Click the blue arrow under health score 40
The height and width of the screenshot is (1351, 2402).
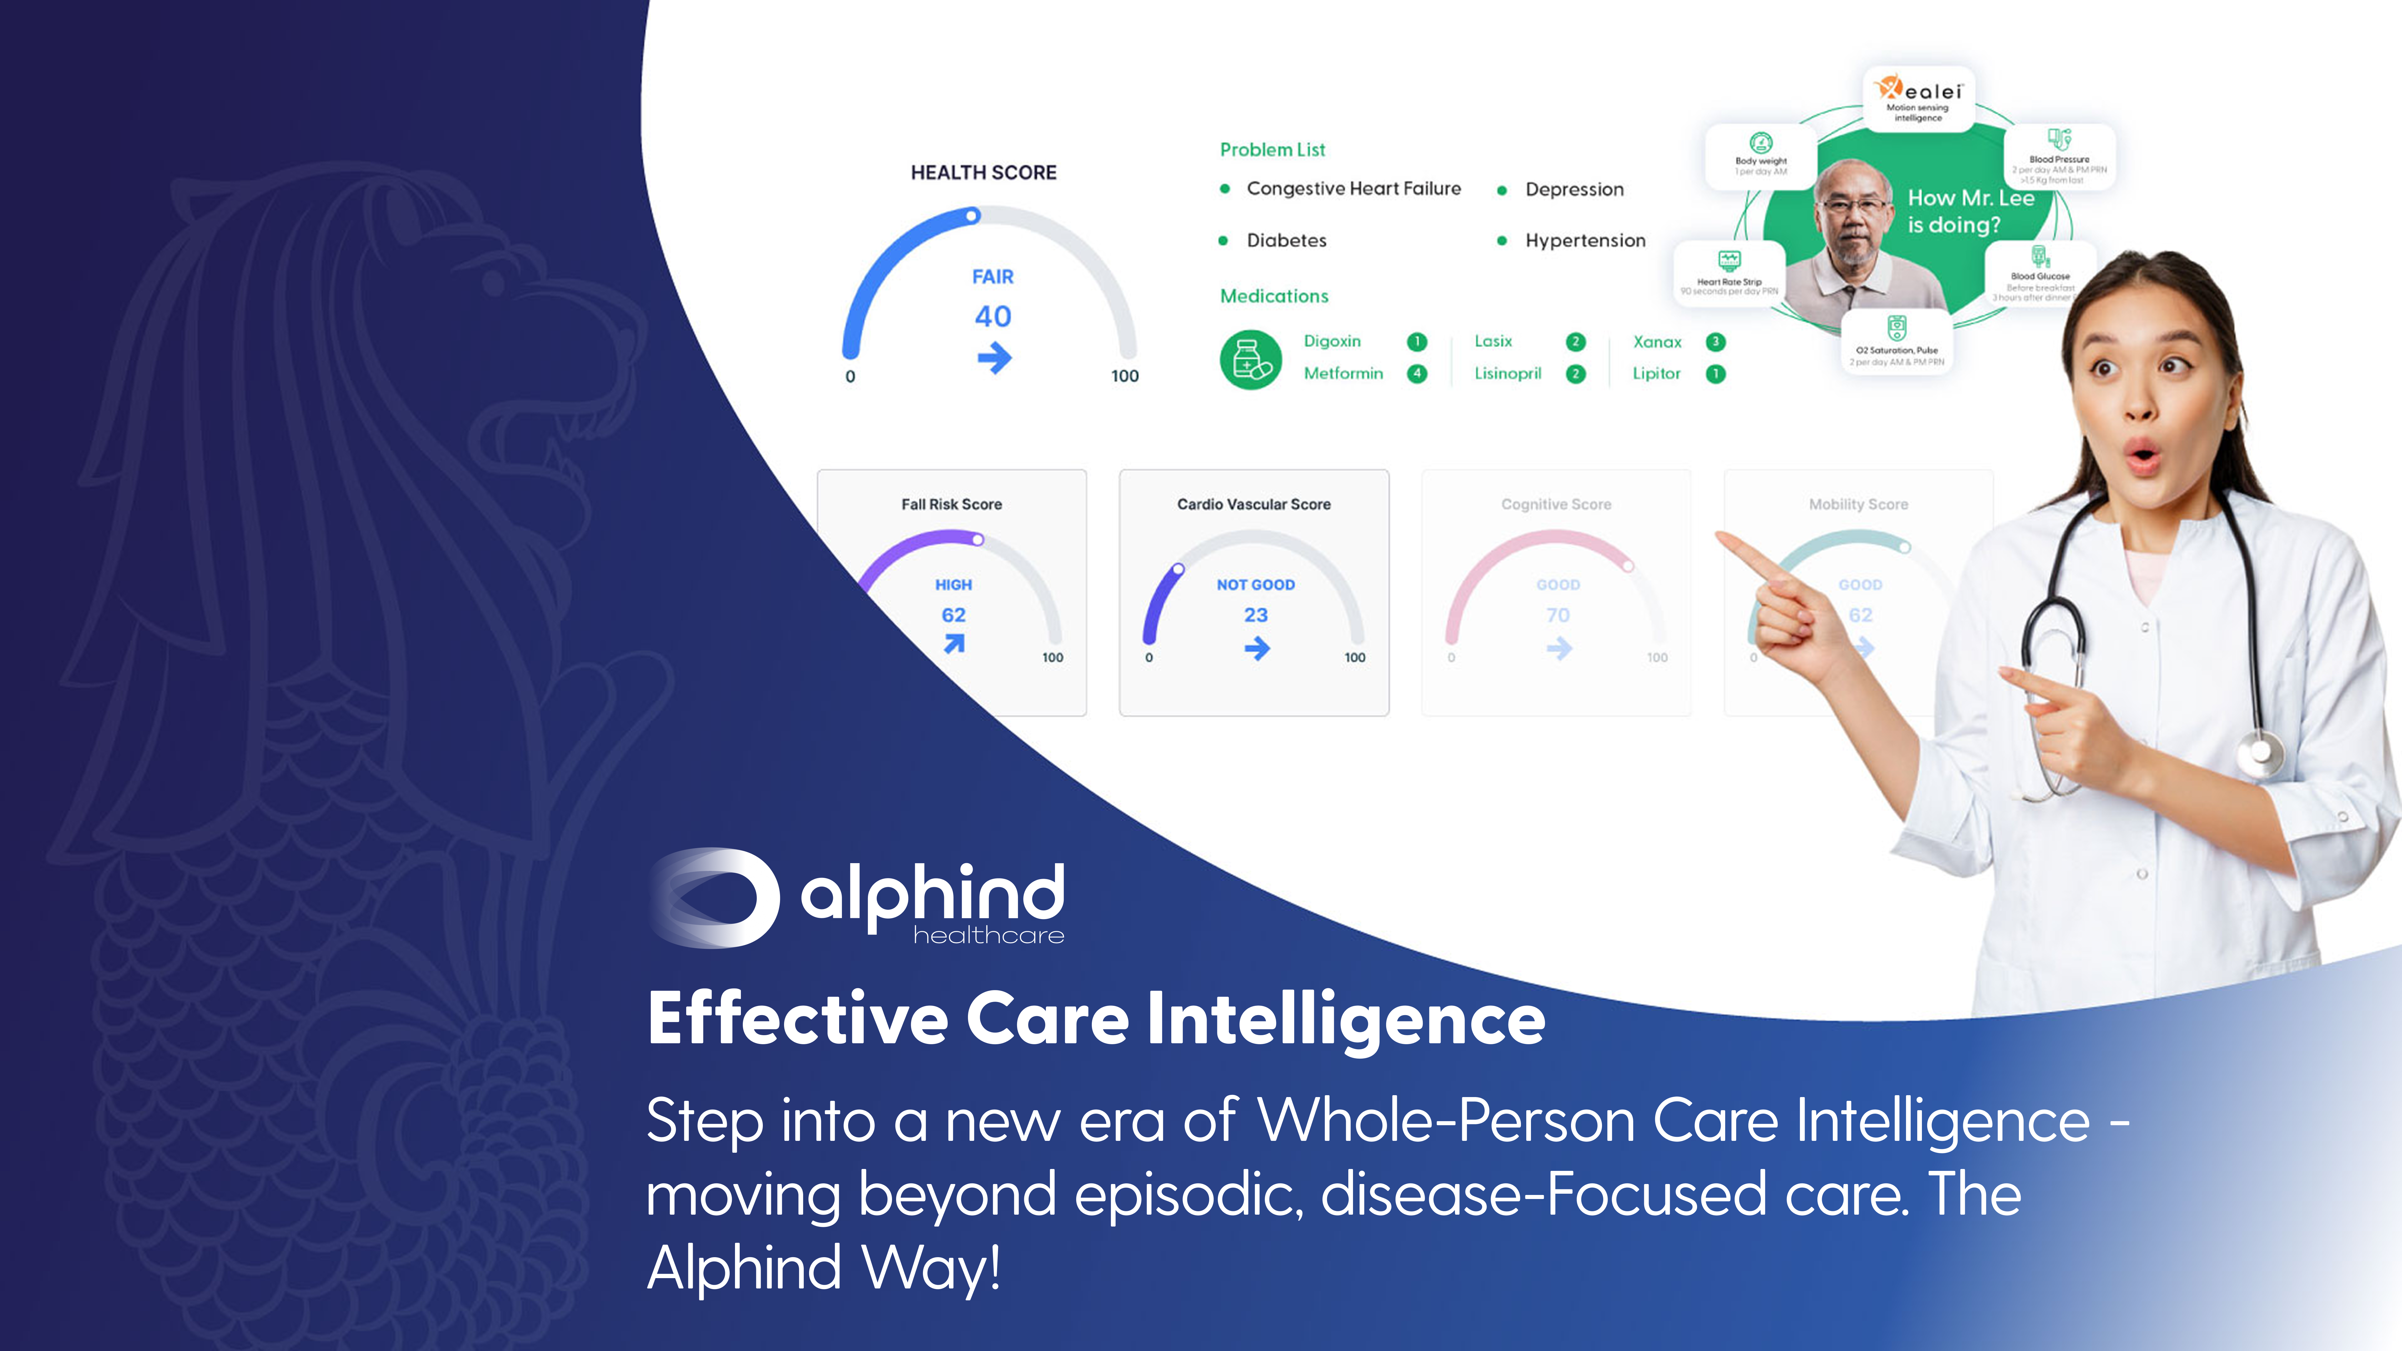994,357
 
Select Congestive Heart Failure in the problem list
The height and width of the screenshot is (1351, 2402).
1353,188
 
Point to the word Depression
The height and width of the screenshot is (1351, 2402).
1574,189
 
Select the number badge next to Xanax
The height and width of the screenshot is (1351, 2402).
1715,342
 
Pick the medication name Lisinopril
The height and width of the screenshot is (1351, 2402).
1507,374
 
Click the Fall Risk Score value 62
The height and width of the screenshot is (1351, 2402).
953,615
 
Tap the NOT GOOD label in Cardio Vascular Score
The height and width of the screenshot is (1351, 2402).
1255,584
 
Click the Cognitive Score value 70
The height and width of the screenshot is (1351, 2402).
1557,615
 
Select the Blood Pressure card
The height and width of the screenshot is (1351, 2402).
2059,157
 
